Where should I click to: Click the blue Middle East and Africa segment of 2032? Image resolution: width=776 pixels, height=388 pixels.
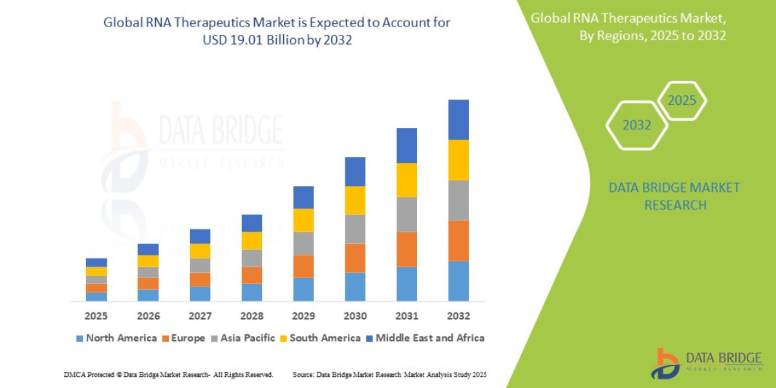coord(458,120)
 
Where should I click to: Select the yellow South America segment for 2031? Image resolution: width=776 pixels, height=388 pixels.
coord(406,180)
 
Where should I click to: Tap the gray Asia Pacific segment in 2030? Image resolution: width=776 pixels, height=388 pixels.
coord(354,229)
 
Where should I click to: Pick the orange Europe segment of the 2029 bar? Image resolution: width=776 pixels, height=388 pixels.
coord(303,266)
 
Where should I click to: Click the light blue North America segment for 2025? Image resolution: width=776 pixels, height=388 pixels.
coord(96,297)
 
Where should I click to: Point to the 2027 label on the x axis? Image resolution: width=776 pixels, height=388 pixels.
coord(200,316)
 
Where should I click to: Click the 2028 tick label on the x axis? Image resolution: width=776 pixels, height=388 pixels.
coord(252,316)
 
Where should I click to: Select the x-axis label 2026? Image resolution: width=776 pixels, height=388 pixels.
coord(148,316)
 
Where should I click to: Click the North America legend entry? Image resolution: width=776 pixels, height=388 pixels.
coord(116,338)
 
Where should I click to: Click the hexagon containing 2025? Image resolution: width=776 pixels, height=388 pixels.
coord(682,101)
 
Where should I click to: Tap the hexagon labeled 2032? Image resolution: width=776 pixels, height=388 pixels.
coord(637,125)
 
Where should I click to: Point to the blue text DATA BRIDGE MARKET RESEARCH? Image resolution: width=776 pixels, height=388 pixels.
coord(674,196)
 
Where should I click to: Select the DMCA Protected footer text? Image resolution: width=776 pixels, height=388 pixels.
coord(168,374)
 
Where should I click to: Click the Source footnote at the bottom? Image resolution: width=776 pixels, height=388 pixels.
coord(389,374)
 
